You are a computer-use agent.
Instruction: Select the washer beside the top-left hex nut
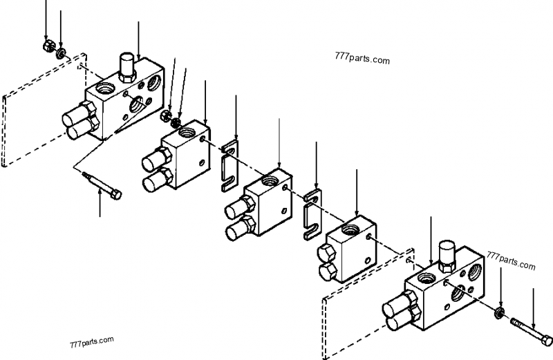coord(62,53)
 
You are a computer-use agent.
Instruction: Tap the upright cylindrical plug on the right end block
coord(445,253)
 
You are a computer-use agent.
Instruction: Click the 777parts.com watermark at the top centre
coord(361,59)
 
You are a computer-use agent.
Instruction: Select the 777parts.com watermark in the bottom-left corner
coord(91,341)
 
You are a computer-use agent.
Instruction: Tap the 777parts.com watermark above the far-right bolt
coord(511,263)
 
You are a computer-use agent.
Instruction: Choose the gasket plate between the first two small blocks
coord(229,168)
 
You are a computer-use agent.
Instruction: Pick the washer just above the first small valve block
coord(177,122)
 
